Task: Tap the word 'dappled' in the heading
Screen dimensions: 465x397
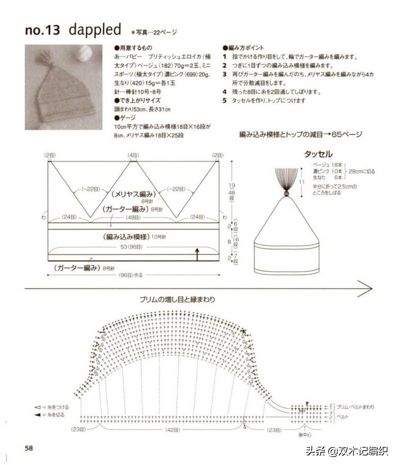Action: coord(95,29)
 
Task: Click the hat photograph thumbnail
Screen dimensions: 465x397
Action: coord(63,87)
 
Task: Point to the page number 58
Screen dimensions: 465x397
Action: coord(29,448)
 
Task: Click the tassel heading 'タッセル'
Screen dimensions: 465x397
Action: coord(318,154)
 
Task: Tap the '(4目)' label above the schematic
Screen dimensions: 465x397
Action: coord(133,155)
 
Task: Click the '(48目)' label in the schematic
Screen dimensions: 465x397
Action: coord(133,217)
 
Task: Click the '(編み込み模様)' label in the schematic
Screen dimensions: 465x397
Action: coord(127,236)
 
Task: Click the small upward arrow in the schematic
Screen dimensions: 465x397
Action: coord(197,254)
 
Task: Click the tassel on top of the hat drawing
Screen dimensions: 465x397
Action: coord(286,180)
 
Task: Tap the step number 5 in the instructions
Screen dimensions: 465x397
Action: coord(224,100)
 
